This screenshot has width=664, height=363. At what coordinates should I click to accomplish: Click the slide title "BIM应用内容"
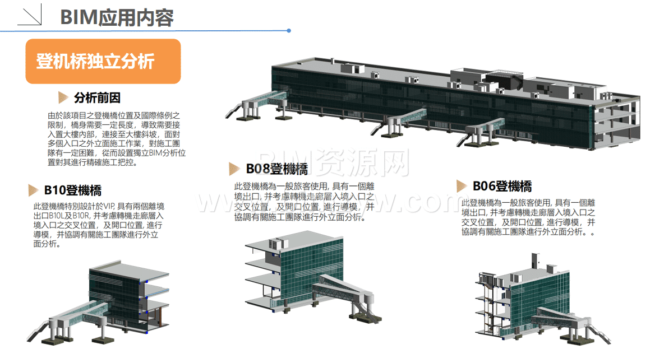pos(117,17)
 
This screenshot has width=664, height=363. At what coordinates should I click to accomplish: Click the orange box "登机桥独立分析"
pos(103,61)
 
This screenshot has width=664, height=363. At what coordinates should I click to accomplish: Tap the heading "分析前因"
pos(97,98)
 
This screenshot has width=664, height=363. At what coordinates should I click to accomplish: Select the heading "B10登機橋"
pos(72,190)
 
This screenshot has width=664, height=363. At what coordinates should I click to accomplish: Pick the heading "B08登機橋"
pos(276,169)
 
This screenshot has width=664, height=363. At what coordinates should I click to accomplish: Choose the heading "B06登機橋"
pos(502,186)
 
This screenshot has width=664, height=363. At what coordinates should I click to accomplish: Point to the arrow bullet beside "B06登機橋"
pos(462,187)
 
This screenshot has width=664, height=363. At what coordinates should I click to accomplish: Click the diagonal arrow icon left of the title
pos(30,17)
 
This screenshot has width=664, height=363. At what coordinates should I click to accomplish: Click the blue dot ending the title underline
pos(289,31)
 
